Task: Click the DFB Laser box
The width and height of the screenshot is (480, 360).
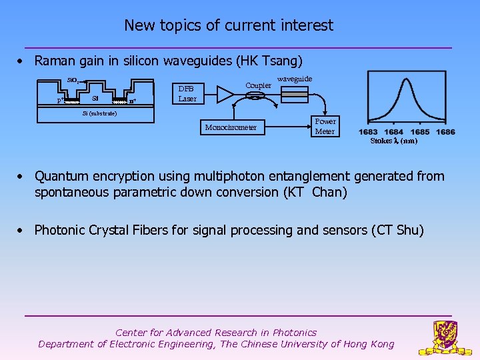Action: [187, 94]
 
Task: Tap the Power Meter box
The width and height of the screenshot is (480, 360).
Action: [325, 127]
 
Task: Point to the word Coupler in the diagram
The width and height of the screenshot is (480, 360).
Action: [259, 85]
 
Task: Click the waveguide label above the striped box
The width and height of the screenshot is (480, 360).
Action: [295, 79]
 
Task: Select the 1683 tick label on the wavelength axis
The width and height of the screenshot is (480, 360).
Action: [368, 132]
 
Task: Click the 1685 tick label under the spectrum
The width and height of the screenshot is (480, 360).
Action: [420, 132]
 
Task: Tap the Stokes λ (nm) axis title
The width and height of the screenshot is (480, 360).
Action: [394, 141]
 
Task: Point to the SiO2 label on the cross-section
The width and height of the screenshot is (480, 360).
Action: [73, 81]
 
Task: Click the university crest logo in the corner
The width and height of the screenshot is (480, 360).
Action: [445, 337]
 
